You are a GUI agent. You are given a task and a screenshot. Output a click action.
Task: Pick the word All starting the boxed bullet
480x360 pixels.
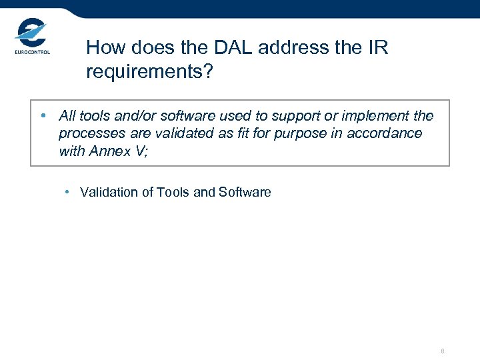click(67, 116)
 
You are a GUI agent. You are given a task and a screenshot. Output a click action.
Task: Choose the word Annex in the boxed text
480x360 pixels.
click(110, 151)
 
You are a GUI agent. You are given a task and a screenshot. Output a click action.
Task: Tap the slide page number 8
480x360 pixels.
click(442, 351)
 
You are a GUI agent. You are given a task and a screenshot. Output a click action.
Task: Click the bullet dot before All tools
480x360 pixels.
click(43, 116)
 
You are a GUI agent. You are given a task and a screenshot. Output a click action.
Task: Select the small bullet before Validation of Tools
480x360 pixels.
click(68, 192)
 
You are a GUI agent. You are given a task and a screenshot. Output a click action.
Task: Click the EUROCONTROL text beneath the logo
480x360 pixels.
click(32, 52)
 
